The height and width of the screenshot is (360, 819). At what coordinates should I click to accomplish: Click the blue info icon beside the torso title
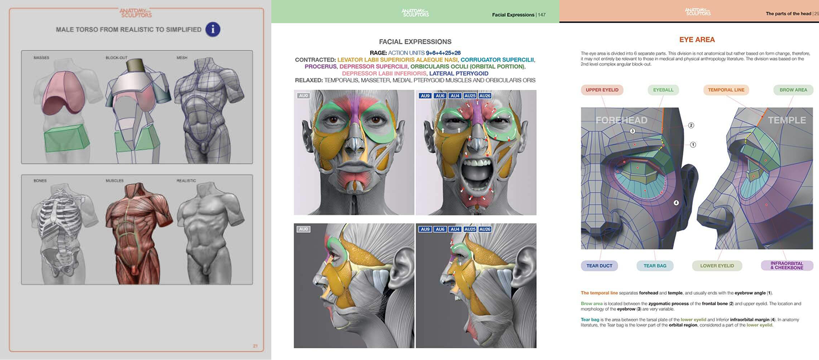pyautogui.click(x=213, y=29)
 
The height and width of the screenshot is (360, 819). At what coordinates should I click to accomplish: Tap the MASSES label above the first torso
pyautogui.click(x=41, y=57)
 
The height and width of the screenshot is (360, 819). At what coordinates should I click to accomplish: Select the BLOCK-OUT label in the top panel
pyautogui.click(x=117, y=57)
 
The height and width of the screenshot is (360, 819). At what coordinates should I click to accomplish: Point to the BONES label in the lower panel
pyautogui.click(x=40, y=181)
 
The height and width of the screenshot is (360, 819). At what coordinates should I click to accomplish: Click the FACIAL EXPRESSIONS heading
pyautogui.click(x=415, y=42)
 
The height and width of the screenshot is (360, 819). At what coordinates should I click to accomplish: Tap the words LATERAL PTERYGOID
pyautogui.click(x=459, y=73)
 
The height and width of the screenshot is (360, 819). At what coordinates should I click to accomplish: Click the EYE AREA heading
pyautogui.click(x=697, y=40)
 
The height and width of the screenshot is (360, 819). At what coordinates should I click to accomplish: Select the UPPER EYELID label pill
pyautogui.click(x=601, y=89)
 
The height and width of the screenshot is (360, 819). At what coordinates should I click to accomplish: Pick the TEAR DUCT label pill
pyautogui.click(x=600, y=266)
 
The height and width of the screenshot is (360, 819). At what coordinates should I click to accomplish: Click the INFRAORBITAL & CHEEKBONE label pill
pyautogui.click(x=787, y=266)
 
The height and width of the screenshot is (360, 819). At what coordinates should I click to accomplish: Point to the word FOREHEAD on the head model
pyautogui.click(x=621, y=120)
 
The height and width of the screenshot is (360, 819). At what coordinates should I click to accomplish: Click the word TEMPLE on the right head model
pyautogui.click(x=787, y=120)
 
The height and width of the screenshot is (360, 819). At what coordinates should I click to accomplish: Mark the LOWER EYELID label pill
pyautogui.click(x=717, y=266)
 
